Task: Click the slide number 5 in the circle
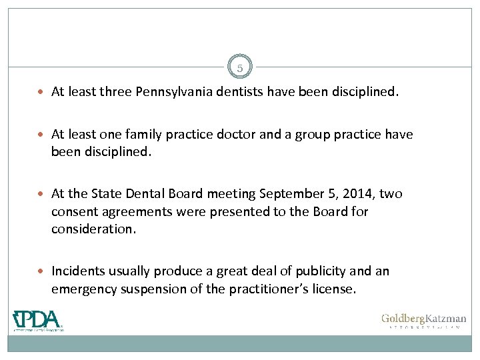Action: (241, 67)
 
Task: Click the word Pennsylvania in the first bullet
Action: (176, 93)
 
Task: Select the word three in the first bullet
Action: (116, 93)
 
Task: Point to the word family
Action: (142, 135)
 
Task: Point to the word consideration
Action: (93, 229)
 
